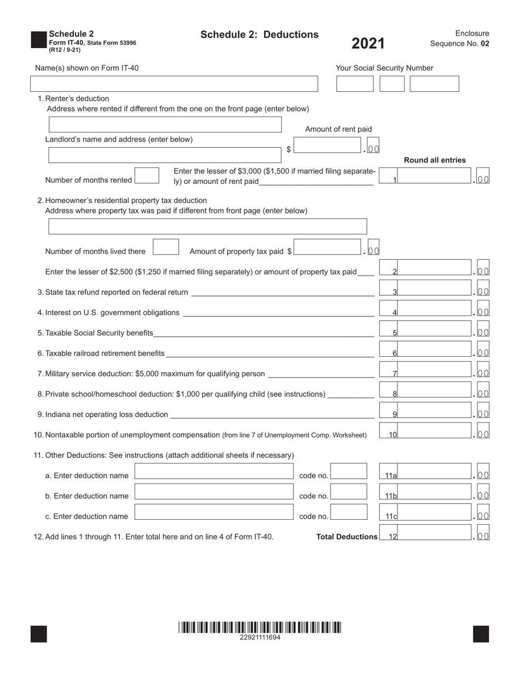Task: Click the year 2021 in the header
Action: point(368,44)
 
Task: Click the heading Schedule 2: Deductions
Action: point(259,35)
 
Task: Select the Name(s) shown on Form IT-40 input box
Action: point(174,84)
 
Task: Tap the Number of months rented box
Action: point(147,176)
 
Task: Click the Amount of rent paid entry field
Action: point(327,146)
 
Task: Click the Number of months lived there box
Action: point(166,247)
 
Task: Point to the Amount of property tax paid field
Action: point(327,247)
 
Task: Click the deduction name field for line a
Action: point(214,472)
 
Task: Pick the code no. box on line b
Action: point(349,492)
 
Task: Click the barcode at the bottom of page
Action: point(259,627)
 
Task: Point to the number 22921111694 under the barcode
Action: point(260,637)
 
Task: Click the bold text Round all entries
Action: point(435,160)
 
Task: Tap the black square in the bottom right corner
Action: point(481,634)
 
